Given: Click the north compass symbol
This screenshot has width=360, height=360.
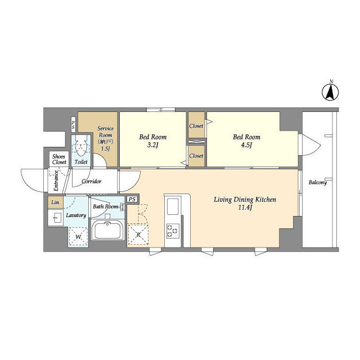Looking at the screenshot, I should [x=331, y=92].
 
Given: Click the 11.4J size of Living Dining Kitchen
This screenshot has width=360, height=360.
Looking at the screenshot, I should [x=244, y=208].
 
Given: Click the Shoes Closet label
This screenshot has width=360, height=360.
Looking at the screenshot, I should [x=59, y=159].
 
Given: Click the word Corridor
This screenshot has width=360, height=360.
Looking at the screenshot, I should [x=91, y=181].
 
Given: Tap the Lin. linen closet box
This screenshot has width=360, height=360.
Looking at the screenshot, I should [x=56, y=202].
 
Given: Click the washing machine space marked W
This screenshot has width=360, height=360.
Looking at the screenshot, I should [x=79, y=236].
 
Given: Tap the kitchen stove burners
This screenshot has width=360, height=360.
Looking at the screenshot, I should [x=172, y=230].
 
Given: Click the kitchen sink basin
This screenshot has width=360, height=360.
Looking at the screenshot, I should [x=172, y=206].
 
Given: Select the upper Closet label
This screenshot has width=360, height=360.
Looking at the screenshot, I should [x=196, y=127].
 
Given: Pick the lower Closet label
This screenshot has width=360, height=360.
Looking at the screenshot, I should [x=196, y=156].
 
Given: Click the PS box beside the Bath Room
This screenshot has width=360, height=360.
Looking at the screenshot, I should [x=132, y=199].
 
